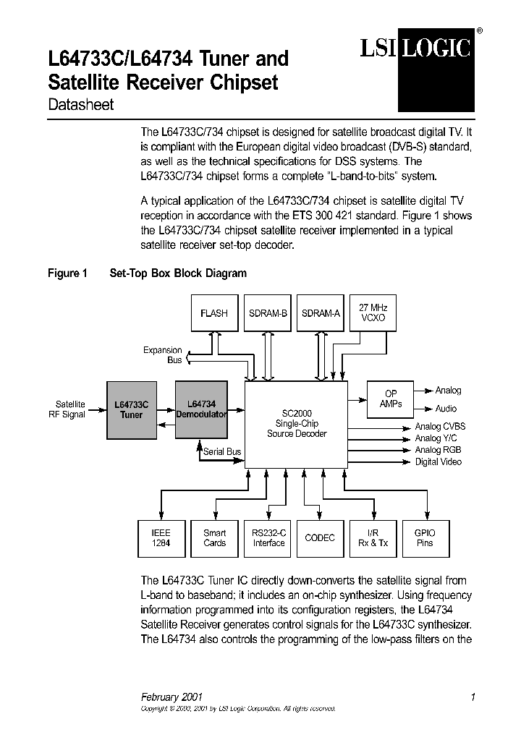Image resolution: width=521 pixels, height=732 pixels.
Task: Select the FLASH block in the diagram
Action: click(x=214, y=313)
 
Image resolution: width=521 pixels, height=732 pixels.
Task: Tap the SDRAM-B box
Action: click(x=268, y=313)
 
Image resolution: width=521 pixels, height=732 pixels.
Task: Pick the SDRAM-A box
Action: click(x=321, y=313)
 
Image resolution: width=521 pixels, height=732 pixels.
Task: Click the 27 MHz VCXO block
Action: click(x=373, y=312)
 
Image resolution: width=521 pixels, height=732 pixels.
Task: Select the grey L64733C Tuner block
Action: click(x=131, y=410)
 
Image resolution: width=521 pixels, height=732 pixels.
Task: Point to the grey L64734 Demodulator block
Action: click(x=201, y=409)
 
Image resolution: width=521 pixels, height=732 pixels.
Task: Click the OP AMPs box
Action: click(x=391, y=399)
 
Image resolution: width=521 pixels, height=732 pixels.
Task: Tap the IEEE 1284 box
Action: click(x=161, y=538)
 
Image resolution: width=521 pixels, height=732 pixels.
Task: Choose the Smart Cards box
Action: click(x=214, y=538)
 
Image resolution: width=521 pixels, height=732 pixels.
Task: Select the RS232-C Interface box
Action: click(x=268, y=538)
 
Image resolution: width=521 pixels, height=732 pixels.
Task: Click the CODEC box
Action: click(x=321, y=538)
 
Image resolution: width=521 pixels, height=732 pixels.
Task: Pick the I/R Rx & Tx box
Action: click(x=373, y=538)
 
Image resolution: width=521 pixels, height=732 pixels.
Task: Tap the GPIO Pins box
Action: click(x=425, y=538)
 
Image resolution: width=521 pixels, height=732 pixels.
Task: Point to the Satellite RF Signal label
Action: click(x=70, y=409)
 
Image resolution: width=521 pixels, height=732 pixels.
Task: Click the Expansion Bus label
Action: click(x=163, y=355)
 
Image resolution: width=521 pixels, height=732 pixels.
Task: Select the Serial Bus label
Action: click(x=222, y=451)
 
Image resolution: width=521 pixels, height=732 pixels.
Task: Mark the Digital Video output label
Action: click(x=438, y=461)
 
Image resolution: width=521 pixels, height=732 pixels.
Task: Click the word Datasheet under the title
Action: click(x=80, y=105)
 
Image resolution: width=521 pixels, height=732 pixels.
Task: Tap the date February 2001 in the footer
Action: click(x=171, y=697)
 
